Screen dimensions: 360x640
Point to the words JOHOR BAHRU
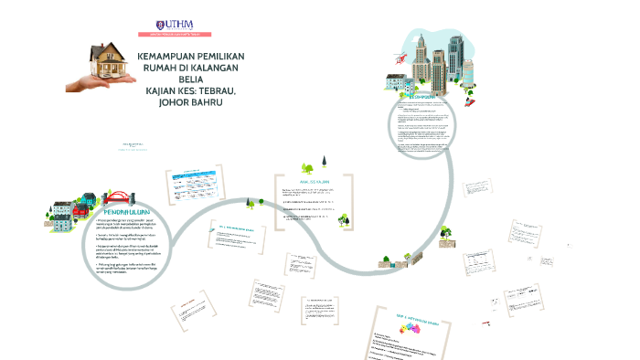190,102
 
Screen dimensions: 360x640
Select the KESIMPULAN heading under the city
424,95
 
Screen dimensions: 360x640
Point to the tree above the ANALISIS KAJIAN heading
308,166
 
